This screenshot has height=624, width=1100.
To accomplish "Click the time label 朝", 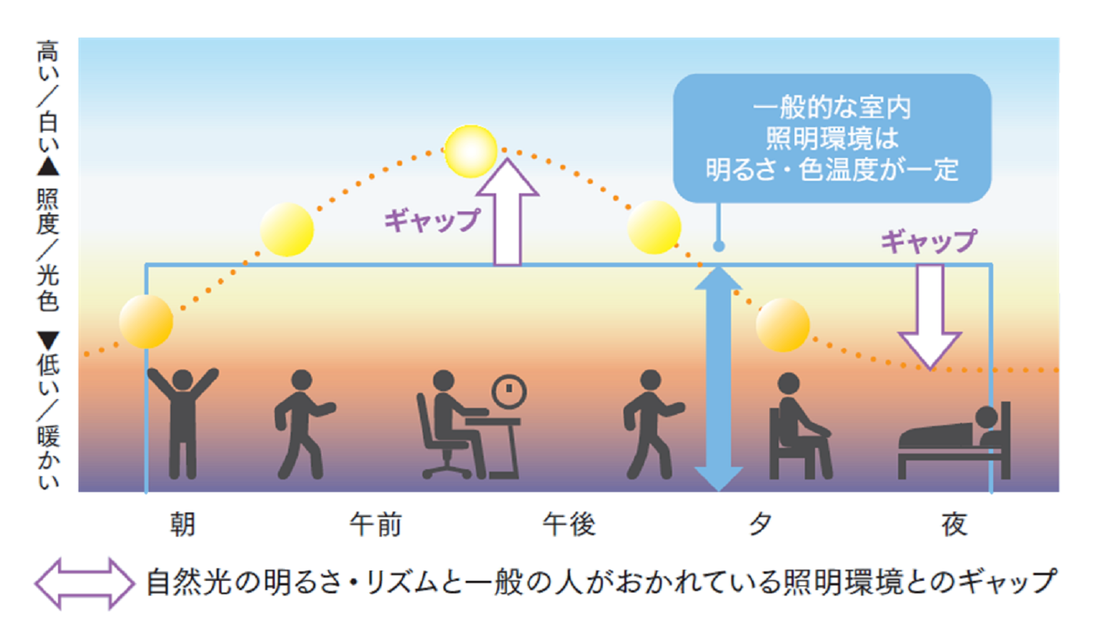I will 182,524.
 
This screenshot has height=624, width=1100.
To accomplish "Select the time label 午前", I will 376,524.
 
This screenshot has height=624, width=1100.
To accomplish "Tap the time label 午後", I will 569,524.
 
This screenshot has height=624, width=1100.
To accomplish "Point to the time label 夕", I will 761,524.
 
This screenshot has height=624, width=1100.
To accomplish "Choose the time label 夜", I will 955,524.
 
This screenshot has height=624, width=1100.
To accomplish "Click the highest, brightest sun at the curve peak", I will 471,151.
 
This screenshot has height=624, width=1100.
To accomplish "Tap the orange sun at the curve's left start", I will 146,321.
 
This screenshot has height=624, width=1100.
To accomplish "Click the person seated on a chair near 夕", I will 797,428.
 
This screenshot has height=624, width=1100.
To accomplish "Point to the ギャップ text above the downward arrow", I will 929,240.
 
